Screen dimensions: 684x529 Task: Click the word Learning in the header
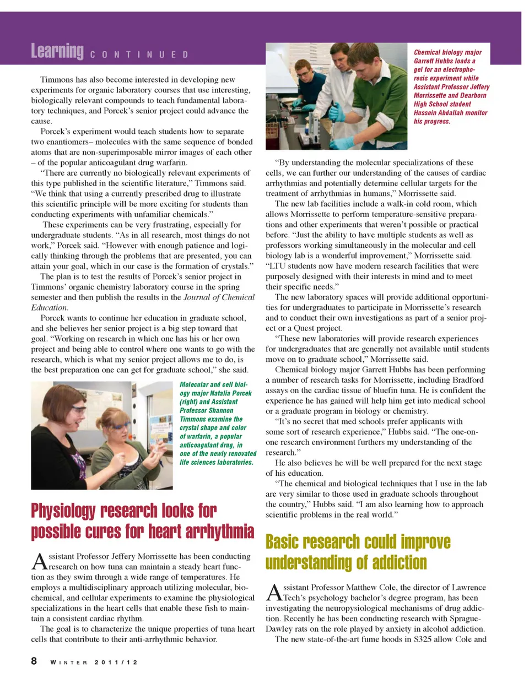tap(57, 51)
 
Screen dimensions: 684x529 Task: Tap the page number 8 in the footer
tap(34, 661)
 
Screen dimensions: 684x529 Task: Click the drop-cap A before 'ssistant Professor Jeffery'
tap(39, 562)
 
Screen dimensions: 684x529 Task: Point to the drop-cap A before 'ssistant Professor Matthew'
tap(274, 593)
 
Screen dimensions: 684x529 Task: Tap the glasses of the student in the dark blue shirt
tap(303, 71)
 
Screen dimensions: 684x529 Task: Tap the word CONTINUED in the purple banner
tap(139, 55)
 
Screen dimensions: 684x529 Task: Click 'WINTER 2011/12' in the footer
tap(94, 662)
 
